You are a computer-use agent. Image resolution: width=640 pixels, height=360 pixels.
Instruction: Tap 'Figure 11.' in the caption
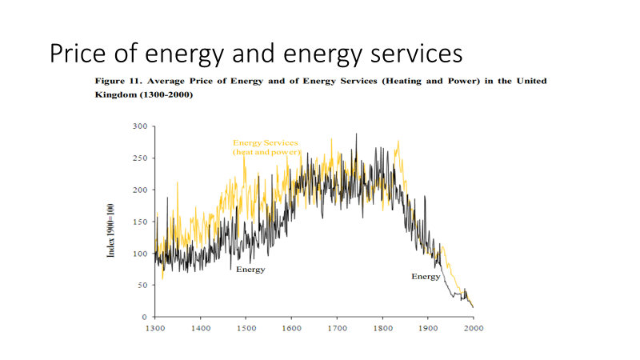coord(120,82)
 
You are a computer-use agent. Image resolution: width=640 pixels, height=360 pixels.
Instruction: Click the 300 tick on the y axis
coord(139,126)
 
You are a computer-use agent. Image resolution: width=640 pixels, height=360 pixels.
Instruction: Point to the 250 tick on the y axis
coord(139,158)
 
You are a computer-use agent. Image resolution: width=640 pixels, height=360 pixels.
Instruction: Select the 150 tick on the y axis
coord(139,222)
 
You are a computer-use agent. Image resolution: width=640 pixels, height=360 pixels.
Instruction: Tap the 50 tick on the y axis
coord(142,285)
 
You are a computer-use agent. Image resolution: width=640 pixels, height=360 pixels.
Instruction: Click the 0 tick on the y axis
coord(144,317)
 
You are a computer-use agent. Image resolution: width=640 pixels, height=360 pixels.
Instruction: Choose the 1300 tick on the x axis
coord(155,327)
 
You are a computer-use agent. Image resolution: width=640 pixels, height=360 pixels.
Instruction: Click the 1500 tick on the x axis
coord(246,327)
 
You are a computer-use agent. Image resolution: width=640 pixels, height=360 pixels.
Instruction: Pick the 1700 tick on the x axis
coord(337,327)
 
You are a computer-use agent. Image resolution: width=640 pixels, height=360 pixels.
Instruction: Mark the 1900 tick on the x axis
coord(428,327)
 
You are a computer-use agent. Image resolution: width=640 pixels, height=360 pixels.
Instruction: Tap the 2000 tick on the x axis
coord(473,327)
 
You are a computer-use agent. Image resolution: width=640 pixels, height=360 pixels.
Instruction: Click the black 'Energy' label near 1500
coord(250,270)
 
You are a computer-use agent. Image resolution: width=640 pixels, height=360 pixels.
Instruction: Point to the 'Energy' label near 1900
coord(426,276)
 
